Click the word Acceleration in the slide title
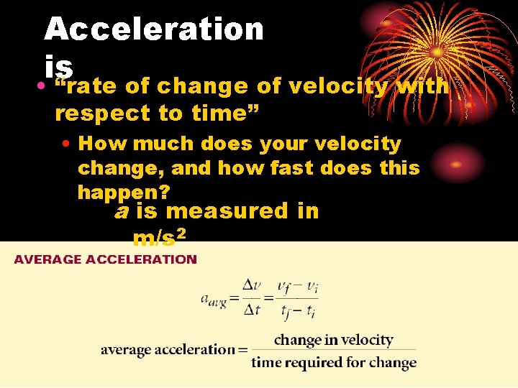click(x=154, y=29)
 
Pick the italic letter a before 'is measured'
click(x=122, y=211)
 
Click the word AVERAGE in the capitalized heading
click(x=47, y=259)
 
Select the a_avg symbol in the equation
click(x=213, y=300)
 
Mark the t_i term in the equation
click(x=311, y=311)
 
